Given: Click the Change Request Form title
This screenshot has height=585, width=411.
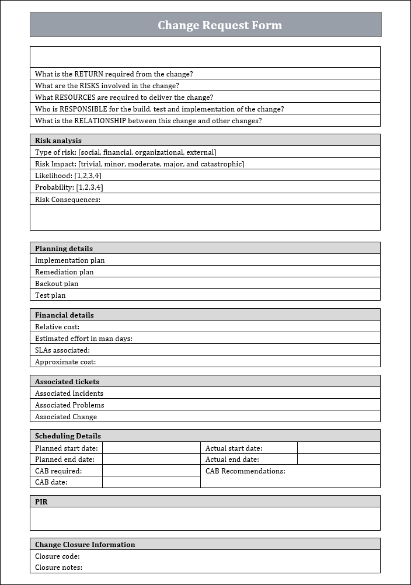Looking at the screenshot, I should tap(220, 25).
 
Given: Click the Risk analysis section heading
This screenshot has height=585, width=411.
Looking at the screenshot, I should tap(58, 141).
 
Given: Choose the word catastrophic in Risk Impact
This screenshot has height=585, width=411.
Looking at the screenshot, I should tap(223, 164).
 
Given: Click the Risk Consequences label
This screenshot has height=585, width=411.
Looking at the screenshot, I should tap(67, 200).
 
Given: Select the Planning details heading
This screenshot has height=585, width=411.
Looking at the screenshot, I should tap(64, 249).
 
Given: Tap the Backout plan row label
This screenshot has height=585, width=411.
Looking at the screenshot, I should tap(56, 284).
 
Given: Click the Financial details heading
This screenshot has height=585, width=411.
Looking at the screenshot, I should tap(64, 315).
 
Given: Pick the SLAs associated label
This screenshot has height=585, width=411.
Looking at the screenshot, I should tap(62, 350).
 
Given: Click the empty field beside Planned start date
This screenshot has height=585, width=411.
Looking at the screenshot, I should tap(151, 448).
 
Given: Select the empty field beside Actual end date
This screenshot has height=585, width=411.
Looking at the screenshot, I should tap(339, 459).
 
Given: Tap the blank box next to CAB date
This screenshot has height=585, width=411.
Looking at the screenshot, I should tap(151, 482).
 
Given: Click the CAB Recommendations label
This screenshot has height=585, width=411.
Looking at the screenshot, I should tap(245, 471).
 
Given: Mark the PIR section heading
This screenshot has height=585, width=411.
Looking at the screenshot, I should tap(41, 502).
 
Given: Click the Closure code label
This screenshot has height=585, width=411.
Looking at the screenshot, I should tap(57, 556).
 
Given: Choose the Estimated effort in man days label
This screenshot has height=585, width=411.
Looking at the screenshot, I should tap(83, 339).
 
